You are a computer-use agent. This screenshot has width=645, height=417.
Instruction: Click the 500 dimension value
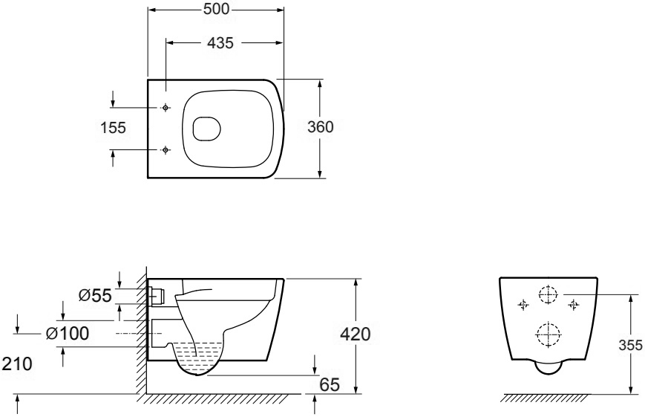pyautogui.click(x=216, y=9)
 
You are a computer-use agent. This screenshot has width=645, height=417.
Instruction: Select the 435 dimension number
pyautogui.click(x=220, y=42)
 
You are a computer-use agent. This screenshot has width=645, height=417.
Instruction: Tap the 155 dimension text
pyautogui.click(x=113, y=128)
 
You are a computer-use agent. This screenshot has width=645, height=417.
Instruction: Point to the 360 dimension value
pyautogui.click(x=321, y=127)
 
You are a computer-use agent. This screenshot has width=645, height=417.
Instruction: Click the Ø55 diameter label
pyautogui.click(x=95, y=295)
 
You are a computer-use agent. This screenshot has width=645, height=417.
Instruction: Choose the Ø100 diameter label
pyautogui.click(x=67, y=333)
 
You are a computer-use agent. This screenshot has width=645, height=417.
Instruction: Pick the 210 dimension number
pyautogui.click(x=17, y=364)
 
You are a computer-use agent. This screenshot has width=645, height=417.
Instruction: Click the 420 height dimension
pyautogui.click(x=356, y=334)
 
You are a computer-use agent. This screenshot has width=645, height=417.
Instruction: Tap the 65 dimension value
pyautogui.click(x=330, y=385)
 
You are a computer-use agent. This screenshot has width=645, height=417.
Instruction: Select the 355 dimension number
pyautogui.click(x=631, y=346)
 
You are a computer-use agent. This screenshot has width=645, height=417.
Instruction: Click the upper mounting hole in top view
pyautogui.click(x=166, y=108)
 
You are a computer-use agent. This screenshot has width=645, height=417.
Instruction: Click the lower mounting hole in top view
pyautogui.click(x=166, y=150)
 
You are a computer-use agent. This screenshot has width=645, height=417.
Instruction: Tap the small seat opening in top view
pyautogui.click(x=207, y=128)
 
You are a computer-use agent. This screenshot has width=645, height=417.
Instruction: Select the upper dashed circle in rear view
pyautogui.click(x=548, y=294)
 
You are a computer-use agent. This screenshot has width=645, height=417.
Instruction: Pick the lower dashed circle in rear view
pyautogui.click(x=548, y=334)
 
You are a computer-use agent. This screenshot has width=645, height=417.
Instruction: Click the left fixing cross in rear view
pyautogui.click(x=523, y=305)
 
